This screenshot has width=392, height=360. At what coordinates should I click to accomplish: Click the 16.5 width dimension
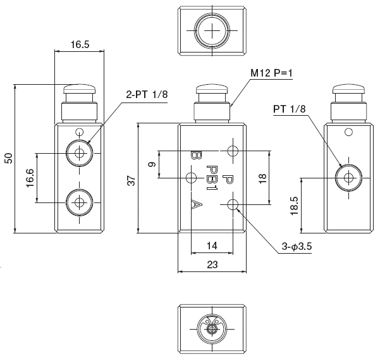point(79,45)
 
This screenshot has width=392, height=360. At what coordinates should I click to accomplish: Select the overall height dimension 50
point(8,159)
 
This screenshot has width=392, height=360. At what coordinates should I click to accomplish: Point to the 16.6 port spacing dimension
point(30,178)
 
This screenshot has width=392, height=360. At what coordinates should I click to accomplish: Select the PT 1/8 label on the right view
point(290,109)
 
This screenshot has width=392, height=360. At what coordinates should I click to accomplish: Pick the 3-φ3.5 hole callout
point(296,247)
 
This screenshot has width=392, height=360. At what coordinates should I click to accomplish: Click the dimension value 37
point(131,180)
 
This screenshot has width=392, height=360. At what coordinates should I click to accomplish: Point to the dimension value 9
point(151,165)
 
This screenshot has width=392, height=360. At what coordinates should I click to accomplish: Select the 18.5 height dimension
point(294,206)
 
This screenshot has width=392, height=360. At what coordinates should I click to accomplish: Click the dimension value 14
point(212,245)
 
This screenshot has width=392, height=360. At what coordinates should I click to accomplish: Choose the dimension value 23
point(212,265)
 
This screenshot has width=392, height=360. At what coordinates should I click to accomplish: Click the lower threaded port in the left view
point(79,202)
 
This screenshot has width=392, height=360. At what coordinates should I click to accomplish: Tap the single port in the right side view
point(347,177)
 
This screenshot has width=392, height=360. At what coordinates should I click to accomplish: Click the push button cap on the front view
point(212,90)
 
